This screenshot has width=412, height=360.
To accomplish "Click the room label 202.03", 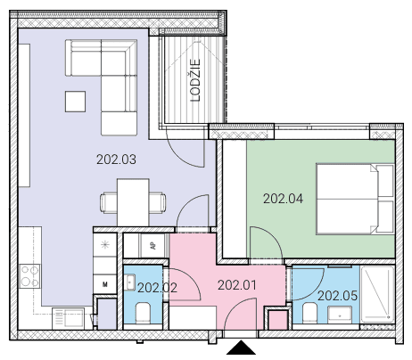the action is tap(116, 160).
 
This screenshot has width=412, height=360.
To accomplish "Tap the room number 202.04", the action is tap(283, 199).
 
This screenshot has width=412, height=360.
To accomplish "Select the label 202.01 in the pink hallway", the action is tap(237, 285).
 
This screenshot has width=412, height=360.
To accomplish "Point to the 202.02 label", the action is tap(157, 288).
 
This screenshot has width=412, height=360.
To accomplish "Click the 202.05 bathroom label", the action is tap(337, 296).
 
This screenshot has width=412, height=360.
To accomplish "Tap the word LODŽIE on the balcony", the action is tap(195, 80).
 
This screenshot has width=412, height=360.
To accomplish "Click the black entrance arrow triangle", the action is tap(241, 348).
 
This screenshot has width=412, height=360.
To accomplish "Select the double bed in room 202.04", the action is tap(355, 199).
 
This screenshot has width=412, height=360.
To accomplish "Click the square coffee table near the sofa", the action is tap(75, 102).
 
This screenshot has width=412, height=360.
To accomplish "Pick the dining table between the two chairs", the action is tap(133, 202).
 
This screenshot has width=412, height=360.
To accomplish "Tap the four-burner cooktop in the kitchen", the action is tap(29, 276).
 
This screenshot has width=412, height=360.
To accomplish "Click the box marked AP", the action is tap(152, 246).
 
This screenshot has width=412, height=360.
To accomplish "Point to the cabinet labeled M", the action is tap(104, 284).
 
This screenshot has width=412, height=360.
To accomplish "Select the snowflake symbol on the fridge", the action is tap(104, 245).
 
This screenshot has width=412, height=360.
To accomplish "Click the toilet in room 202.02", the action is tap(143, 314).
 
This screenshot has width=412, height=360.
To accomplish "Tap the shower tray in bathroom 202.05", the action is tap(377, 294).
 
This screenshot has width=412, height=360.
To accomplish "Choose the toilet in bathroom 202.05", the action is tap(310, 313).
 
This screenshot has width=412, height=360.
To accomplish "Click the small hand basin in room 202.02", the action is tap(130, 282).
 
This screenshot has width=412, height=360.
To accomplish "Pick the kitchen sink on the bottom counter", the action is tap(68, 319).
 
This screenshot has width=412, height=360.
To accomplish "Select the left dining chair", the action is tap(109, 203).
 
